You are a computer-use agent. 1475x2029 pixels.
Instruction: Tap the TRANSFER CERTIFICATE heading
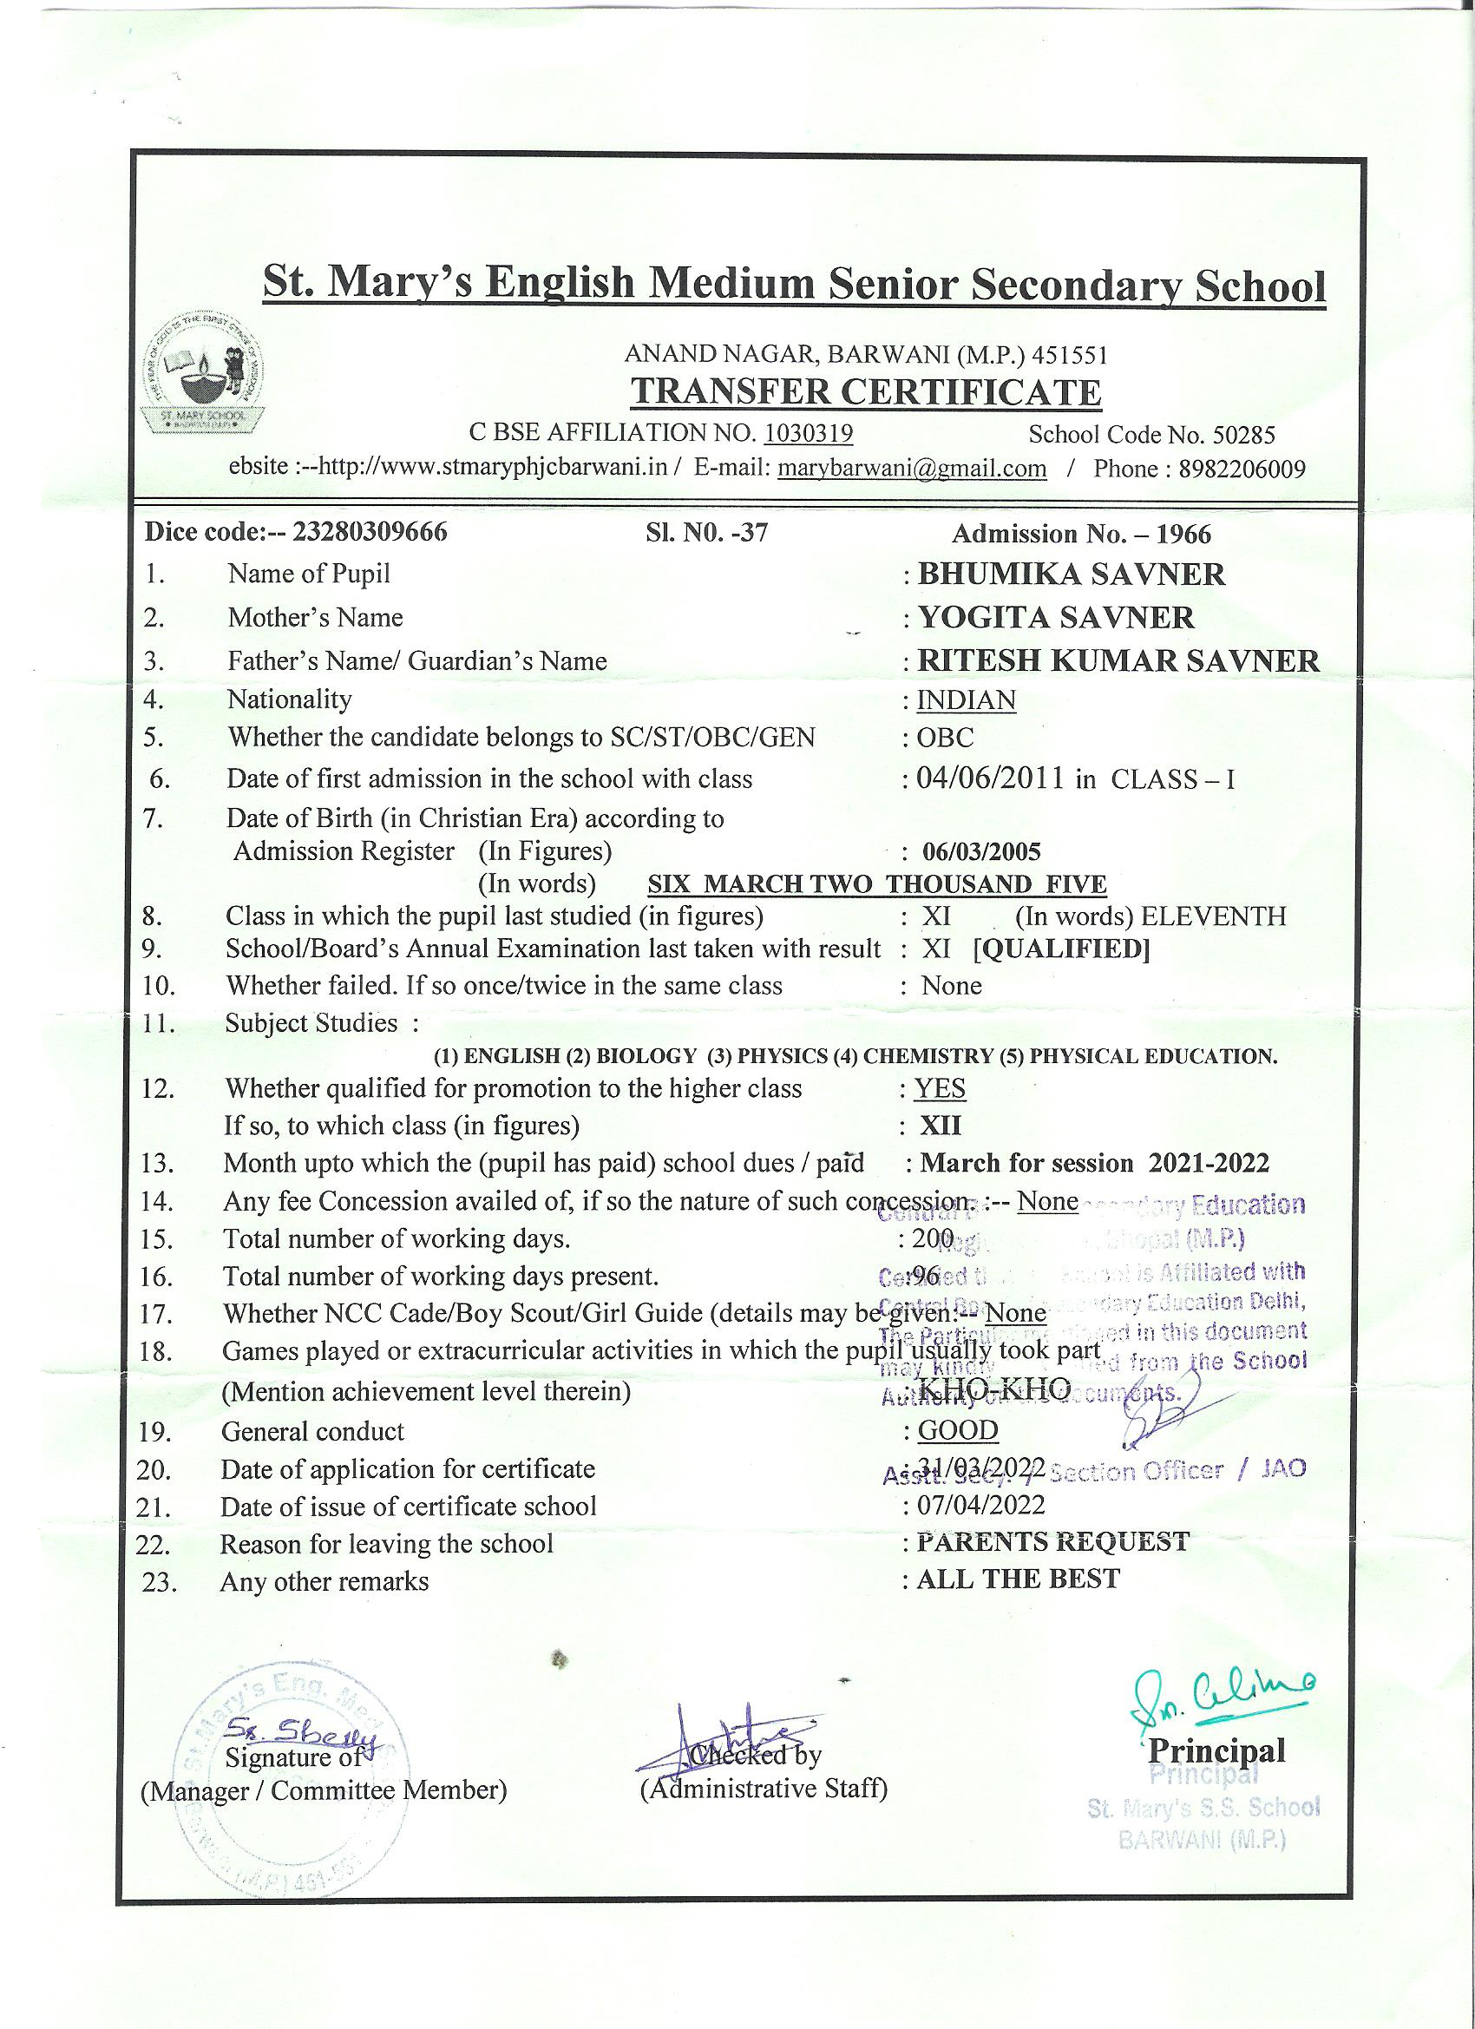(866, 393)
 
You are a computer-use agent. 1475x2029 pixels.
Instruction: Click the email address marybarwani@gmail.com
(912, 469)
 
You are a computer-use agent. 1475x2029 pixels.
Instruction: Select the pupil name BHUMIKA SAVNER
(1071, 575)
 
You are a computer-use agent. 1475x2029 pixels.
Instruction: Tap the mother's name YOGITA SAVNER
(1055, 617)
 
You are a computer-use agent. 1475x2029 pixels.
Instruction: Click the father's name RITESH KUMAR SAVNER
(1118, 661)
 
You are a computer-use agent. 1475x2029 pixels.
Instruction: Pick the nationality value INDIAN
(966, 699)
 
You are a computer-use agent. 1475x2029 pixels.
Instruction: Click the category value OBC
(945, 738)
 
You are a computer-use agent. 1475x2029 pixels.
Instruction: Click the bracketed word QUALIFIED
(1061, 949)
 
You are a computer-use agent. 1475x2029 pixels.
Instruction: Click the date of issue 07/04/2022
(980, 1506)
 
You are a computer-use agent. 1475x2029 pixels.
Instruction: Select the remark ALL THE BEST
(1018, 1579)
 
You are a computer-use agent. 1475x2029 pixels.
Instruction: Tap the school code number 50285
(1243, 435)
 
